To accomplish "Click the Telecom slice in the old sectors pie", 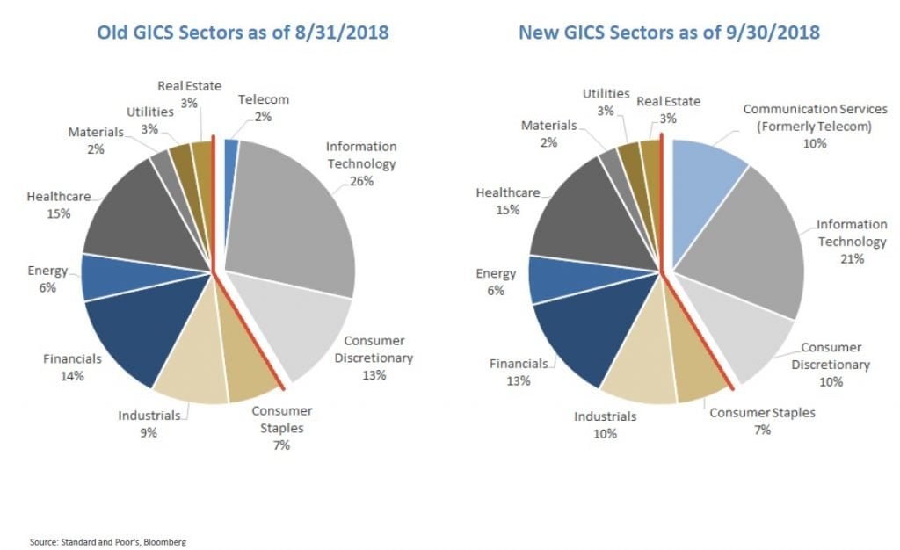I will pyautogui.click(x=231, y=151).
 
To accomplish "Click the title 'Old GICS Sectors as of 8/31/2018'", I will pyautogui.click(x=230, y=33).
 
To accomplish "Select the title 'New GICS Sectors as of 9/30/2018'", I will pyautogui.click(x=671, y=33).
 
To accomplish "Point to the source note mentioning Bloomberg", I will pyautogui.click(x=96, y=542).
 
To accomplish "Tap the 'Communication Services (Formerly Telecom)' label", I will pyautogui.click(x=813, y=125).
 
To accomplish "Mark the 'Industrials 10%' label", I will pyautogui.click(x=604, y=423).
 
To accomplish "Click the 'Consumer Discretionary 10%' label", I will pyautogui.click(x=830, y=364).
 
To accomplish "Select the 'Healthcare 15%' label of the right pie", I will pyautogui.click(x=507, y=200).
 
